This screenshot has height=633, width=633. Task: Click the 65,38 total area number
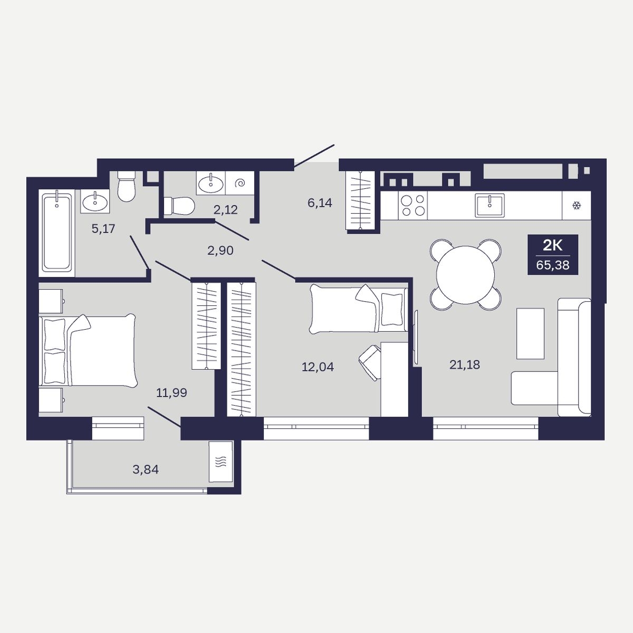click(x=552, y=265)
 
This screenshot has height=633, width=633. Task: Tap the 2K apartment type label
click(x=552, y=245)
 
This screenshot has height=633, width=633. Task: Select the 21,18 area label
click(x=465, y=365)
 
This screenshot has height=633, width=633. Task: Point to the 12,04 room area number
click(x=318, y=367)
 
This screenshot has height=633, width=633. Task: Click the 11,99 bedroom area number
click(x=171, y=392)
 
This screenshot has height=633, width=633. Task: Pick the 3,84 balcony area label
click(x=146, y=469)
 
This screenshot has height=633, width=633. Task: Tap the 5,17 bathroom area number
click(x=103, y=228)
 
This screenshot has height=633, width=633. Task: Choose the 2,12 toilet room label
click(x=226, y=209)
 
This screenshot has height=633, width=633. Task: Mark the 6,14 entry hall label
click(x=320, y=203)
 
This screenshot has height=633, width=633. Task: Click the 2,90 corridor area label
click(x=220, y=251)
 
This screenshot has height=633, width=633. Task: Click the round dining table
click(x=465, y=275)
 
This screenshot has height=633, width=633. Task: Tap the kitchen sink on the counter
click(x=490, y=205)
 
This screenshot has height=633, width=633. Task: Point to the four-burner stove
click(x=413, y=206)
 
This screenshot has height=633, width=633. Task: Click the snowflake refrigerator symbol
click(x=577, y=206)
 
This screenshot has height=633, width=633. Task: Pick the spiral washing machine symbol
click(x=240, y=183)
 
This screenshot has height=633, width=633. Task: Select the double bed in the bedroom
click(x=88, y=350)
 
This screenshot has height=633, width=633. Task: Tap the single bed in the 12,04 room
click(x=359, y=309)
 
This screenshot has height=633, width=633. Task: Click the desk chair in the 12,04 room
click(x=370, y=362)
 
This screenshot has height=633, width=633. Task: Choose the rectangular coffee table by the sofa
click(x=530, y=333)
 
